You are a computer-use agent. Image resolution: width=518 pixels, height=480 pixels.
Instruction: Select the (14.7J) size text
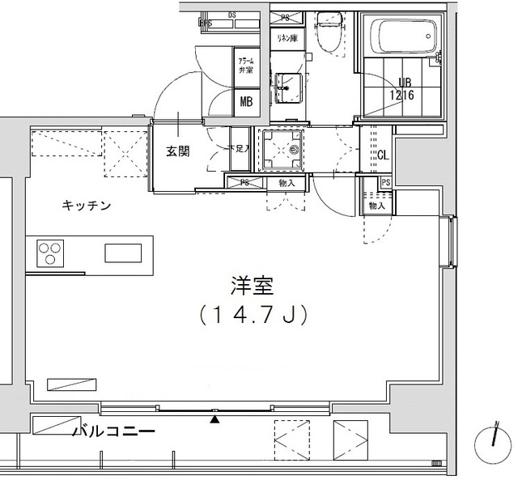[x=253, y=315]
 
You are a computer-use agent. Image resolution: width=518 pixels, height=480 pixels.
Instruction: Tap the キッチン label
[x=87, y=206]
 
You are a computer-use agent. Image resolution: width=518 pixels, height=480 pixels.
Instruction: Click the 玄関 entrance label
[x=178, y=151]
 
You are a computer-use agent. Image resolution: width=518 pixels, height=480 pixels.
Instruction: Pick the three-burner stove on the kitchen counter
[x=50, y=254]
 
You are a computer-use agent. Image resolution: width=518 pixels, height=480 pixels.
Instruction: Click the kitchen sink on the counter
[x=124, y=253]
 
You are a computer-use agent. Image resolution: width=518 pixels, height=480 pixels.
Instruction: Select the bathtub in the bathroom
[x=405, y=36]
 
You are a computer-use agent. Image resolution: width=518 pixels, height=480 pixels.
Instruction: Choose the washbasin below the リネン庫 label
[x=289, y=83]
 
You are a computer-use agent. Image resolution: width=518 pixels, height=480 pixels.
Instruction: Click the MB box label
[x=245, y=102]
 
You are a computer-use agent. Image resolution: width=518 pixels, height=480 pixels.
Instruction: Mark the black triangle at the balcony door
[x=214, y=418]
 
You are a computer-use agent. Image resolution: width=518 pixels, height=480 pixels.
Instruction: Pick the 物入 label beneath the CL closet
[x=376, y=206]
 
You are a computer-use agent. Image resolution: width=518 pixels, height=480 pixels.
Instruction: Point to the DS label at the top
[x=231, y=15]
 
